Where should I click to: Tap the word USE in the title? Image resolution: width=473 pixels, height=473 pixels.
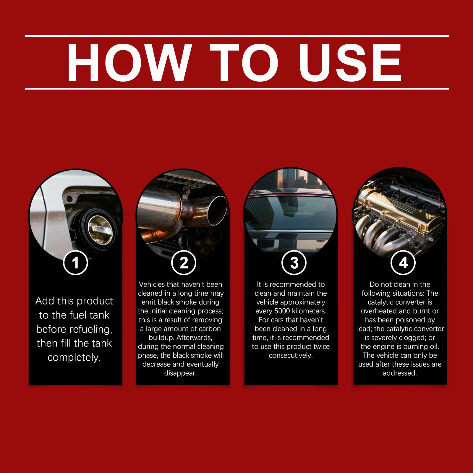[x=350, y=62]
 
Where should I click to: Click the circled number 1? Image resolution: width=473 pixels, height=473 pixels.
[x=76, y=263]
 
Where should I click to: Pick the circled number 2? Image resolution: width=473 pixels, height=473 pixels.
[x=184, y=263]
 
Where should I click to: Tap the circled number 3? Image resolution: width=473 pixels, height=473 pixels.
[x=294, y=263]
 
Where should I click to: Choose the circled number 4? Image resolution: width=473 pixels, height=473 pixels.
[x=403, y=263]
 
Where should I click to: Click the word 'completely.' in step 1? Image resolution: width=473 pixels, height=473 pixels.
[x=74, y=358]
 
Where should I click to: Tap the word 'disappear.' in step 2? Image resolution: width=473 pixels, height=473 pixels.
[x=180, y=373]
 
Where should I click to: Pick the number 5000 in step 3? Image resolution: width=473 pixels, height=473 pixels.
[x=283, y=311]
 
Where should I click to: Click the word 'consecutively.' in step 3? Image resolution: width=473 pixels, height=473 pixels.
[x=291, y=355]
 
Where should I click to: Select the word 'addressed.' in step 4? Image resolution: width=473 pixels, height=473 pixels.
[x=400, y=373]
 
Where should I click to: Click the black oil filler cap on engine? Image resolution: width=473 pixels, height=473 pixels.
[x=433, y=210]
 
